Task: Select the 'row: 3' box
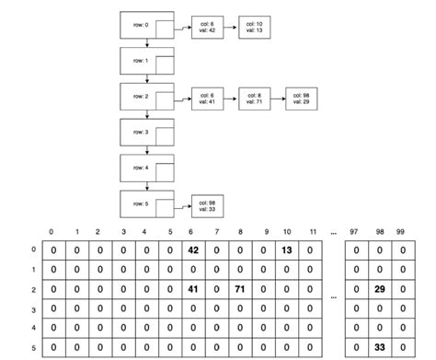[x=147, y=133]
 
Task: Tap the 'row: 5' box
[x=147, y=203]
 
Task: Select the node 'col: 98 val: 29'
[x=301, y=98]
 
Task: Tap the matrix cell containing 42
[x=193, y=250]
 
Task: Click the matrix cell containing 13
[x=288, y=250]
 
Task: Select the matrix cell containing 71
[x=240, y=289]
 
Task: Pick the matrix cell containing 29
[x=380, y=289]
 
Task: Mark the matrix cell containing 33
[x=380, y=347]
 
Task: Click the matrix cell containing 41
[x=193, y=289]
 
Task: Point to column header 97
[x=355, y=231]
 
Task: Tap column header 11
[x=313, y=231]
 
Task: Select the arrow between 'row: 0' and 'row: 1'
[x=147, y=43]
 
